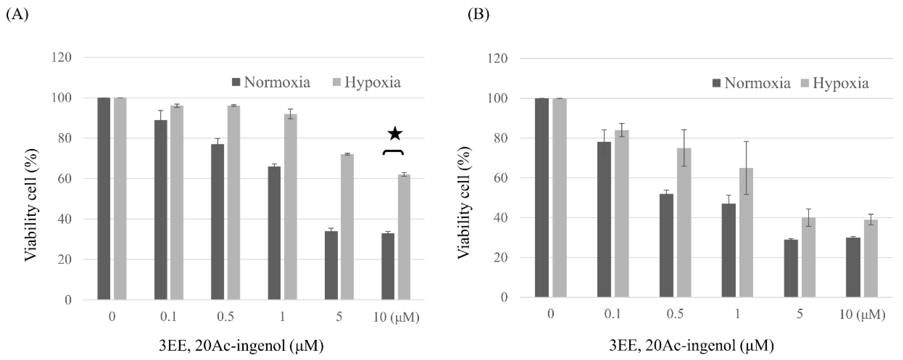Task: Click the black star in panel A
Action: (x=395, y=134)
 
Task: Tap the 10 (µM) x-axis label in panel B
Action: (x=862, y=315)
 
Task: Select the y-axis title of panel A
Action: (x=31, y=205)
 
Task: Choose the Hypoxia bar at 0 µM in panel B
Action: (x=559, y=198)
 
